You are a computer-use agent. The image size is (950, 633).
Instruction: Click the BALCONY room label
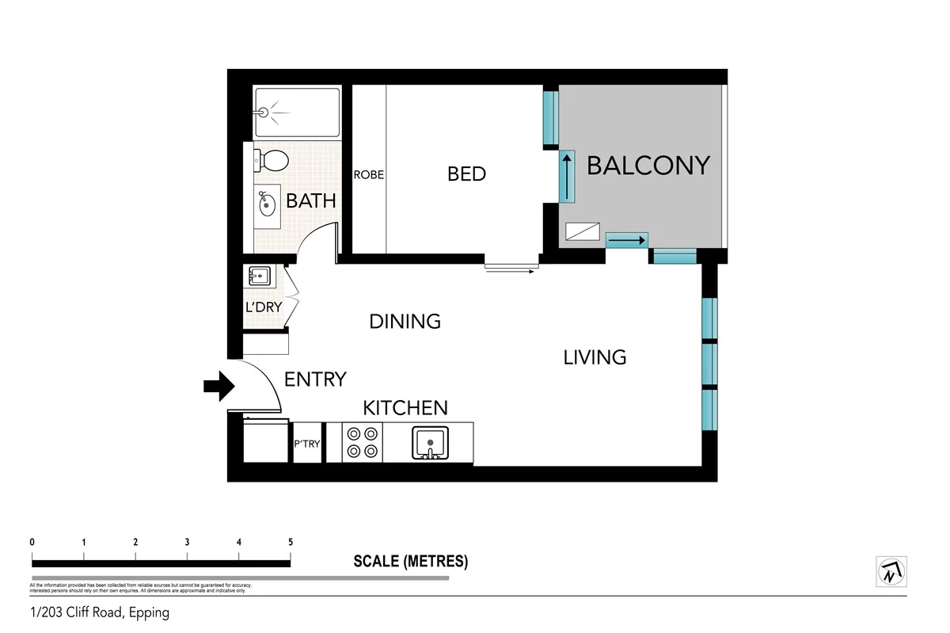pyautogui.click(x=648, y=166)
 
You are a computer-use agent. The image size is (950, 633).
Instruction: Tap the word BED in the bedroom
pyautogui.click(x=466, y=174)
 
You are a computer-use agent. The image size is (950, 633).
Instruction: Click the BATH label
pyautogui.click(x=311, y=200)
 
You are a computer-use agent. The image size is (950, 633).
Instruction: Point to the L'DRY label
pyautogui.click(x=264, y=307)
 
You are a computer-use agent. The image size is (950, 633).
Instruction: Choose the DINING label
pyautogui.click(x=405, y=321)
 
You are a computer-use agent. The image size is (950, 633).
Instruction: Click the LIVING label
pyautogui.click(x=595, y=357)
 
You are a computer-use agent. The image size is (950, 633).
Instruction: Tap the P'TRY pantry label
pyautogui.click(x=307, y=444)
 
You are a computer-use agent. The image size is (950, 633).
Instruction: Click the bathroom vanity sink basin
pyautogui.click(x=268, y=204)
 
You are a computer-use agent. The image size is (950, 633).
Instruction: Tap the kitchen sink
pyautogui.click(x=430, y=443)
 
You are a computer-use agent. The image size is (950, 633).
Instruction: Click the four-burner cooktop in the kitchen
pyautogui.click(x=362, y=443)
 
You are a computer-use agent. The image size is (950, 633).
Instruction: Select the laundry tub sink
pyautogui.click(x=259, y=276)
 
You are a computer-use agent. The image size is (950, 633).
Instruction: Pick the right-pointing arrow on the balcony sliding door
pyautogui.click(x=627, y=239)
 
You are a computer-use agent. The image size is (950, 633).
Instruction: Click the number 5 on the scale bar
pyautogui.click(x=291, y=543)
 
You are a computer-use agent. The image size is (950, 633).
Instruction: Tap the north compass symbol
pyautogui.click(x=891, y=570)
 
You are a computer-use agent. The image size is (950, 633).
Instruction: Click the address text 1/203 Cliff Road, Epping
pyautogui.click(x=99, y=612)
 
